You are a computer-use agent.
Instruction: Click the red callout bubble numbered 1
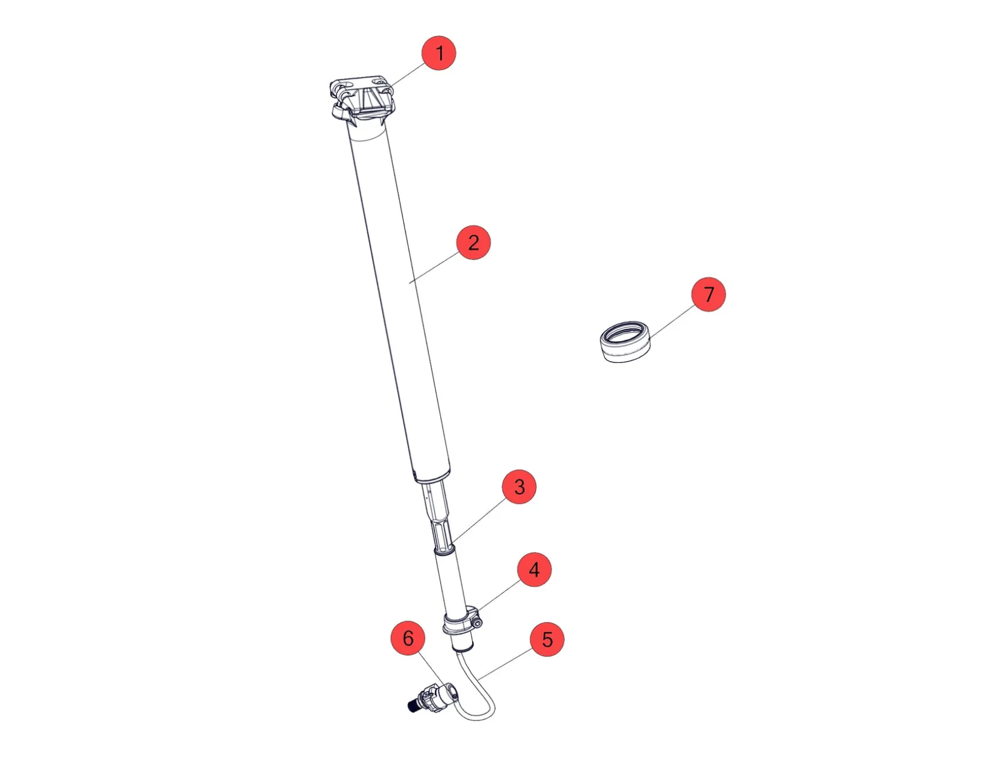click(439, 53)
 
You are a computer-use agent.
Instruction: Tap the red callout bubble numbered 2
click(473, 242)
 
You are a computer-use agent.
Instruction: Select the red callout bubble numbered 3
click(519, 487)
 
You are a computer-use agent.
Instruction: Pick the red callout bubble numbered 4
click(534, 570)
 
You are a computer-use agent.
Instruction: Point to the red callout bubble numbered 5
click(547, 639)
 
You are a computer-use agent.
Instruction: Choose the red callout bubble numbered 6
click(408, 638)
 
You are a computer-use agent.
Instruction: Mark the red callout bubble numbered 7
click(708, 294)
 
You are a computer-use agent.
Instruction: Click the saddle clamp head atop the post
click(363, 99)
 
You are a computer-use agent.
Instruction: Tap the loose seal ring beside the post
click(624, 342)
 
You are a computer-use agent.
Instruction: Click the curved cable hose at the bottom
click(484, 696)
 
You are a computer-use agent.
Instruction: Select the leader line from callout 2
click(434, 267)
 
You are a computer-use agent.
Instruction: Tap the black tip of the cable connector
click(413, 705)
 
